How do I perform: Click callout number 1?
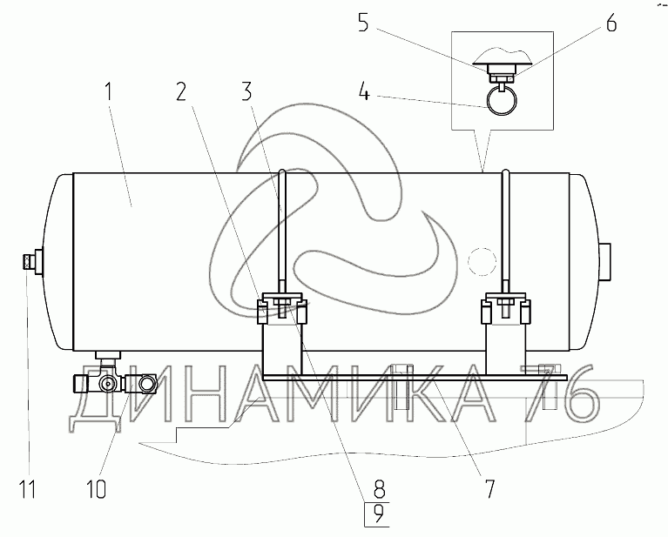(x=109, y=91)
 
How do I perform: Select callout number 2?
(x=182, y=91)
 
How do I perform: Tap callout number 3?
(x=247, y=91)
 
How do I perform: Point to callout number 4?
(x=364, y=91)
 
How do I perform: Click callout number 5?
(x=363, y=23)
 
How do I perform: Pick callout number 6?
(x=611, y=23)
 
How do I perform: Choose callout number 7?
(x=490, y=489)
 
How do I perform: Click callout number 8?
(x=379, y=489)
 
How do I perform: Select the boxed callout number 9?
(x=377, y=515)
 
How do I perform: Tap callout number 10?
(x=97, y=489)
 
